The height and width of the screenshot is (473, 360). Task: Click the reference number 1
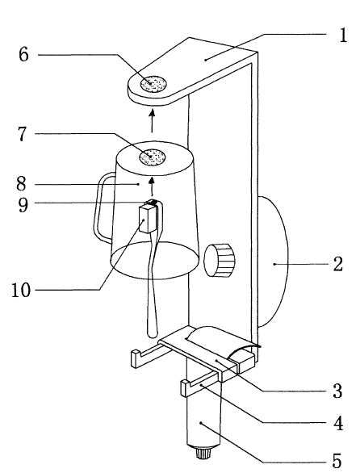click(342, 36)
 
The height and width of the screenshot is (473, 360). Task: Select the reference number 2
click(338, 264)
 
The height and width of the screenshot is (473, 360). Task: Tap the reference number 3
click(338, 391)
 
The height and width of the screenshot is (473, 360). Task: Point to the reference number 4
click(338, 423)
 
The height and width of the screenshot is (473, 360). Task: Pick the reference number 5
click(337, 461)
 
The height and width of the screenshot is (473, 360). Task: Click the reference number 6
click(24, 55)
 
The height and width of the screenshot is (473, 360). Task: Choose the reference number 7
click(23, 134)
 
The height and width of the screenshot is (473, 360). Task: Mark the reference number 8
click(21, 183)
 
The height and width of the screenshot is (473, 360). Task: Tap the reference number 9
click(23, 204)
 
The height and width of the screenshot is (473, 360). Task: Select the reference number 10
click(21, 291)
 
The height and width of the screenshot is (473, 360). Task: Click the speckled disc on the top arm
click(153, 84)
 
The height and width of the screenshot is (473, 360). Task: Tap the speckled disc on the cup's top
click(153, 157)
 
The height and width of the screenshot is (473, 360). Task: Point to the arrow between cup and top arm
click(152, 121)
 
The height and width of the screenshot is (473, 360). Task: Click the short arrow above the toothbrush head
click(152, 187)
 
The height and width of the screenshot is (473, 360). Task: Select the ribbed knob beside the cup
click(220, 260)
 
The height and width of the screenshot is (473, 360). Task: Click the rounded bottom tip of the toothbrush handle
click(152, 334)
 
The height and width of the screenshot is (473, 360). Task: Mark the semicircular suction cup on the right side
click(273, 262)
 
